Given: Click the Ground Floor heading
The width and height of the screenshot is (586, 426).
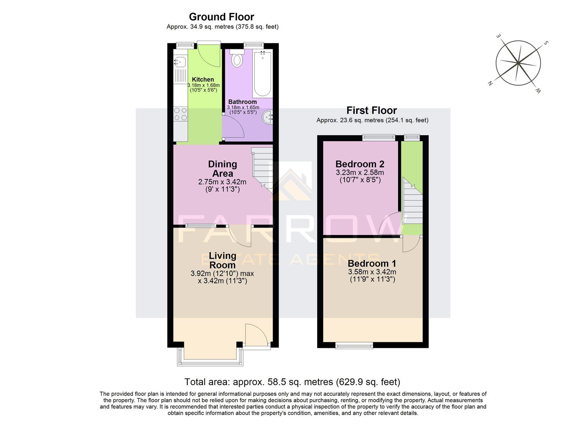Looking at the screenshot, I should pos(221,17).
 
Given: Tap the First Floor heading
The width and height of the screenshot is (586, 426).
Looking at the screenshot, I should pos(371,110).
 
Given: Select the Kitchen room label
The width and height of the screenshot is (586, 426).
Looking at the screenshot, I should pos(203,80).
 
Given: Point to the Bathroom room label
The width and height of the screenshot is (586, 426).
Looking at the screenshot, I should pos(242,102).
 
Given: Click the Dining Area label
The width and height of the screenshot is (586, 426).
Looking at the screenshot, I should pos(223,169).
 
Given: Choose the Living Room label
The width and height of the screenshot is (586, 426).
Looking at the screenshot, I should pos(223,260).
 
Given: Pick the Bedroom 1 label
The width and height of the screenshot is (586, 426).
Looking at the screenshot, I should pos(372,263).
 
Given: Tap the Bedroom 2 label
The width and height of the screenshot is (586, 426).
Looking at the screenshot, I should pos(359,164).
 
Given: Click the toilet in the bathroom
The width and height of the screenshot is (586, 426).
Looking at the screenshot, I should pos(237,59).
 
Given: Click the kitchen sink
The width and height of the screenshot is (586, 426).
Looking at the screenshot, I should pos(180,62).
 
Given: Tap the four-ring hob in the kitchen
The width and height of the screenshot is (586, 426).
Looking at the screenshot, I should pos(180,114).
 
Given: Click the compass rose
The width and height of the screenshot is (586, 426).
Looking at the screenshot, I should pos(518,63).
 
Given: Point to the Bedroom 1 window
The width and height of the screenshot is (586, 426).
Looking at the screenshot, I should pos(354,346).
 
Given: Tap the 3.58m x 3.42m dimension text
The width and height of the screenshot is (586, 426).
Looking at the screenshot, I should pos(372,272).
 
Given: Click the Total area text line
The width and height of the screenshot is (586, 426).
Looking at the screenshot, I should pos(292,382).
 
